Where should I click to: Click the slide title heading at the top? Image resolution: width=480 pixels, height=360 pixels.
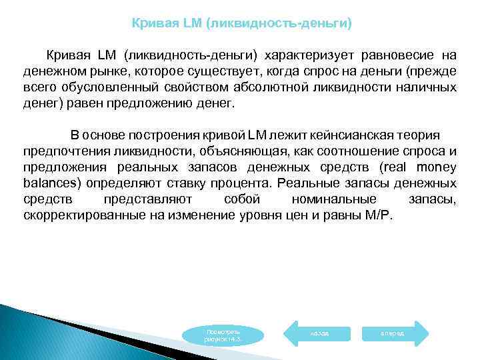pyautogui.click(x=241, y=23)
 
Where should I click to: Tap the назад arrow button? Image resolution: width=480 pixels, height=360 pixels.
pyautogui.click(x=319, y=332)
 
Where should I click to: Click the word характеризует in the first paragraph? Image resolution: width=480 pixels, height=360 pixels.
pyautogui.click(x=309, y=54)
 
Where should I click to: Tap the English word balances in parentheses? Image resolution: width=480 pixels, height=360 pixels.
pyautogui.click(x=49, y=184)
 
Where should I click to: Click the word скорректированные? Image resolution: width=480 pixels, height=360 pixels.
pyautogui.click(x=79, y=216)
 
